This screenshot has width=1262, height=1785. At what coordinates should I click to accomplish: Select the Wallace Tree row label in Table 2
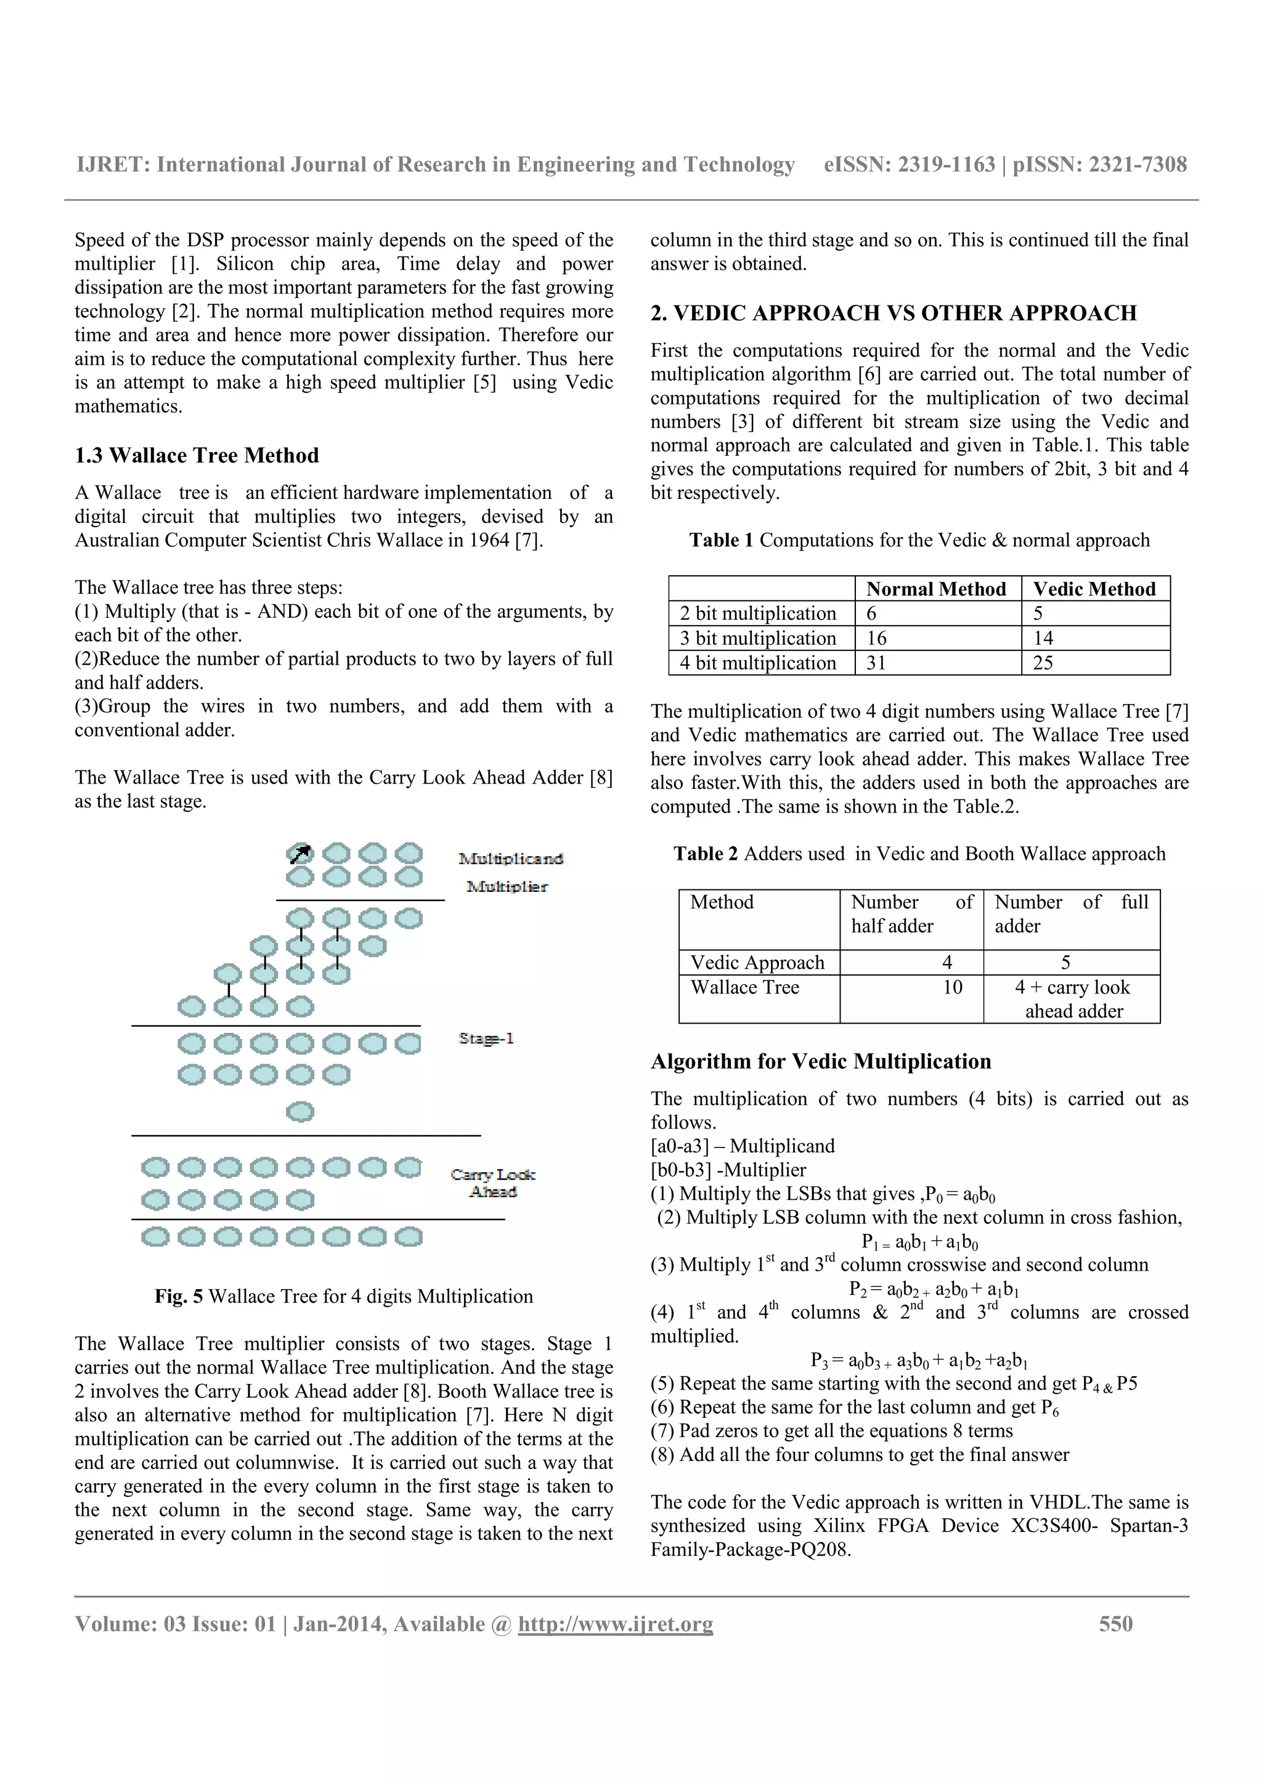tap(745, 987)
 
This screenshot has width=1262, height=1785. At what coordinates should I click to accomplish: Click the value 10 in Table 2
tap(952, 987)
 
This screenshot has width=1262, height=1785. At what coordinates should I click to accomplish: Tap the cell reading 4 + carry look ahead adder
tap(1072, 998)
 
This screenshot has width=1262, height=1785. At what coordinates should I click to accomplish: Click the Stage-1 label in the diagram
tap(486, 1038)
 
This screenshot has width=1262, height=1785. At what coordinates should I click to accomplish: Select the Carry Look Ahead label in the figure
tap(493, 1182)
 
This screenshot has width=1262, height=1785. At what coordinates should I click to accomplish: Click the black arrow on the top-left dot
tap(300, 854)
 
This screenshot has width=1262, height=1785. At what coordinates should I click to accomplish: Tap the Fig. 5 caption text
tap(344, 1296)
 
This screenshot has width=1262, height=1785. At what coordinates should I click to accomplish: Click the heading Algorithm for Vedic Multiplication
tap(820, 1061)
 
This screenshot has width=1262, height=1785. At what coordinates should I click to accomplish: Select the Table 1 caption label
tap(721, 540)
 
